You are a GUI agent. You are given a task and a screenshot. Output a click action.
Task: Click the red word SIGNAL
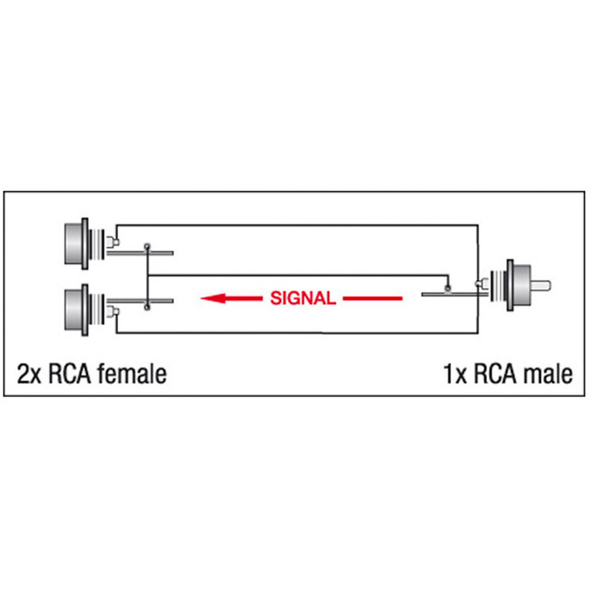tap(303, 298)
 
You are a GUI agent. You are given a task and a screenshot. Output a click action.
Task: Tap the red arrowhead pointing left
tap(213, 299)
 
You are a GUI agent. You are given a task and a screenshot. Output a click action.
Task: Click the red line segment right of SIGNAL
tap(372, 299)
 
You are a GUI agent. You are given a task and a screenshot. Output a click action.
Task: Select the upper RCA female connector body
tap(77, 244)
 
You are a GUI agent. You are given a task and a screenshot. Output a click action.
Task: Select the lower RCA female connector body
tap(77, 310)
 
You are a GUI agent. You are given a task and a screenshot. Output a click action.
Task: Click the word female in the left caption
tap(132, 374)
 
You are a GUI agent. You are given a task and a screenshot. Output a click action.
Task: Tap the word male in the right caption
tap(546, 374)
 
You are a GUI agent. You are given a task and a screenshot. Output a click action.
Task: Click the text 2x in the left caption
tap(29, 374)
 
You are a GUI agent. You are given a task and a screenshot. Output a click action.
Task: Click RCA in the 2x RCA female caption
tap(70, 374)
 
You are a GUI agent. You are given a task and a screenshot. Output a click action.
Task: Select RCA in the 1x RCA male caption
tap(494, 374)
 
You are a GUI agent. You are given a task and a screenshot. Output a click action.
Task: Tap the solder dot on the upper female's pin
tap(147, 246)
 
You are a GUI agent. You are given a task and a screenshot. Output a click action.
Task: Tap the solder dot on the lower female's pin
tap(147, 307)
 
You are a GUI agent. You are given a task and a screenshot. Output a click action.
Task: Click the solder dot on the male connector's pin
tap(448, 289)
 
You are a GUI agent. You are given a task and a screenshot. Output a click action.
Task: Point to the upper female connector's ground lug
tap(112, 241)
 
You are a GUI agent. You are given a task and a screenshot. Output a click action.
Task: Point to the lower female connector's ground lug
tap(112, 312)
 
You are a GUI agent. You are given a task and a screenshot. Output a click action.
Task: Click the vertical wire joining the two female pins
tap(147, 277)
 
